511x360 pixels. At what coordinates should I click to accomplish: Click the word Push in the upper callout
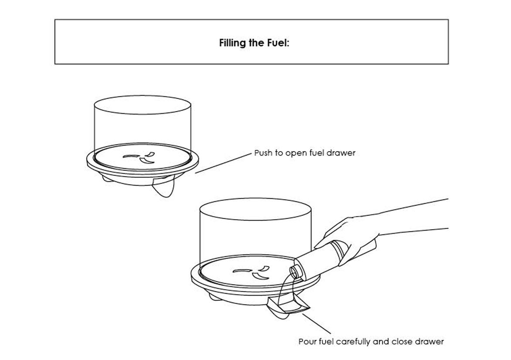[262, 153]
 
